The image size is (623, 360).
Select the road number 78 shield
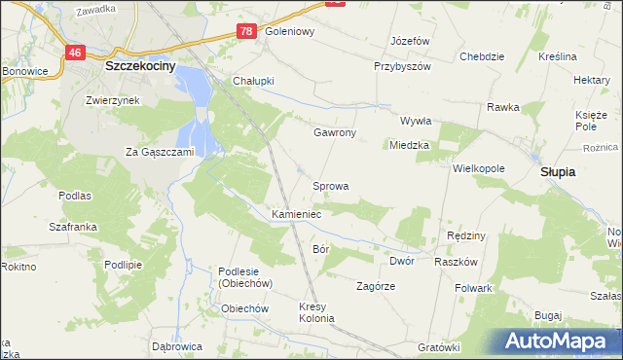(x=246, y=32)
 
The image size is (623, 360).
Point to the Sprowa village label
(x=330, y=185)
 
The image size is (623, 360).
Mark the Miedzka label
(x=409, y=146)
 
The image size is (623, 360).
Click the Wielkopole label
(x=478, y=168)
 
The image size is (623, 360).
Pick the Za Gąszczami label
(x=161, y=152)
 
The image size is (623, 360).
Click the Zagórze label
(x=375, y=286)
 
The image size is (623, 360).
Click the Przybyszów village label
(x=402, y=67)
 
